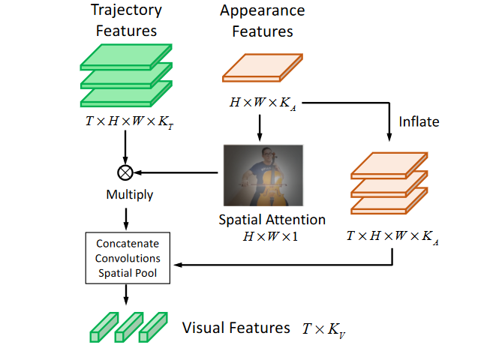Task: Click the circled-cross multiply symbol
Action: tap(125, 172)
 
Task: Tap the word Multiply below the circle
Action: tap(128, 195)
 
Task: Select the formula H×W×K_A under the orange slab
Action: tap(263, 102)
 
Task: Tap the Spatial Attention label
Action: tap(272, 220)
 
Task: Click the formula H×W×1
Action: tap(271, 236)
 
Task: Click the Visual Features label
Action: tap(236, 328)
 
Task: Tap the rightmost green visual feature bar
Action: tap(153, 327)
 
